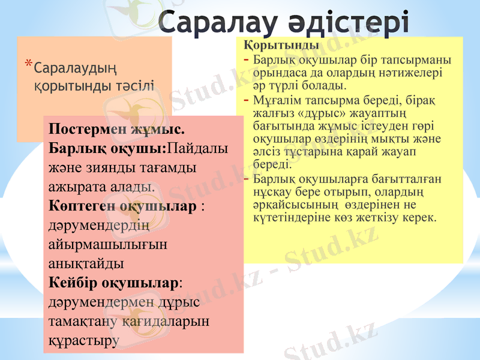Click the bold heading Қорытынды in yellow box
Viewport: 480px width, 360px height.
point(281,46)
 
